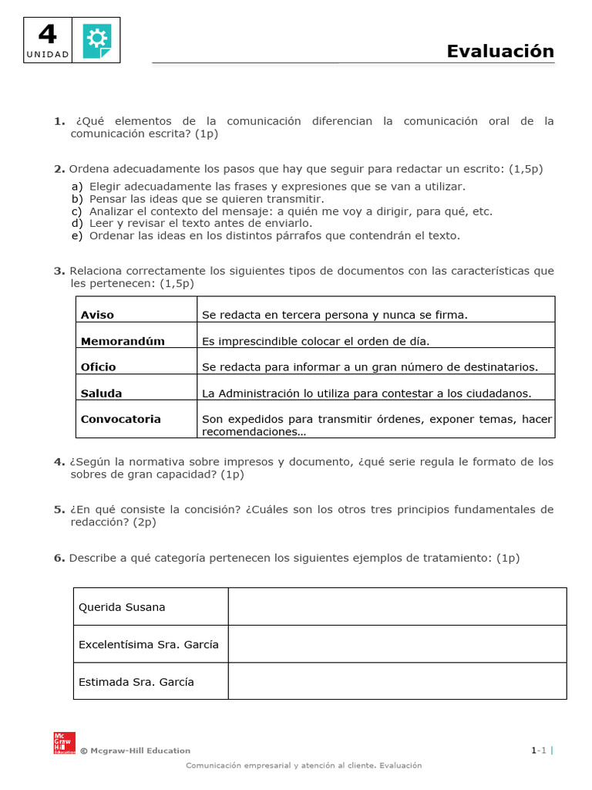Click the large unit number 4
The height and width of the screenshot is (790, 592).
(47, 35)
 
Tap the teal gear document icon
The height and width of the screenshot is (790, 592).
(96, 40)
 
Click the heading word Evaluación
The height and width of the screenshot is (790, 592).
(500, 51)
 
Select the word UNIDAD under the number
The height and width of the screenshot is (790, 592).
(48, 55)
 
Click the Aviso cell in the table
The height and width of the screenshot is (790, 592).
(97, 315)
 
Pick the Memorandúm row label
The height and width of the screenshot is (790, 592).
(123, 341)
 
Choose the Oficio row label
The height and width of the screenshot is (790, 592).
(99, 367)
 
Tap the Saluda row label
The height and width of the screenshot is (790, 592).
(101, 393)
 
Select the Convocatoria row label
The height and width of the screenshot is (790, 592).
(121, 419)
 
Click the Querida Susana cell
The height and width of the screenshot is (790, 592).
(122, 607)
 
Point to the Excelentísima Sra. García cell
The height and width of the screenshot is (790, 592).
(149, 644)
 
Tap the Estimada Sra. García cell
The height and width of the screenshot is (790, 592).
(136, 682)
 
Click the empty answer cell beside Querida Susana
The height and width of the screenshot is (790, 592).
(397, 606)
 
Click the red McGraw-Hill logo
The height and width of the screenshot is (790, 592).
(64, 742)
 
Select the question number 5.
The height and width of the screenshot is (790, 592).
(59, 510)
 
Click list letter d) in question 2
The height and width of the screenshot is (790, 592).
(77, 224)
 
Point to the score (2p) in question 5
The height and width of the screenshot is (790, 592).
(144, 522)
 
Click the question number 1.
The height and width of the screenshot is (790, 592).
(59, 121)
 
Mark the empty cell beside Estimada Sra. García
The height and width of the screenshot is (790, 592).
(397, 681)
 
